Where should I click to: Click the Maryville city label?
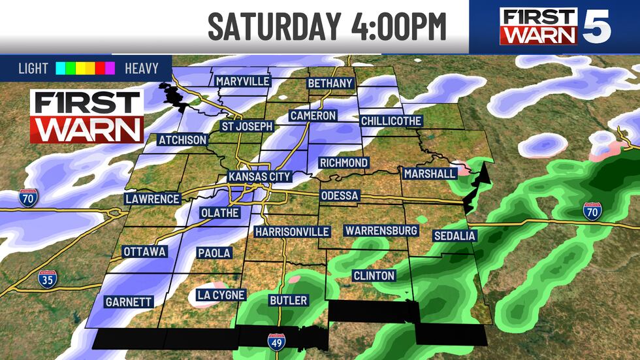(x=243, y=81)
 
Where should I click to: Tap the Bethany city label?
(x=330, y=84)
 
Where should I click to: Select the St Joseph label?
(x=246, y=126)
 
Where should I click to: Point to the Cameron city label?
(x=313, y=116)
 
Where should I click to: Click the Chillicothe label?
(x=391, y=121)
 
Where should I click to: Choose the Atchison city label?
(x=182, y=140)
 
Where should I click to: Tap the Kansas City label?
(x=259, y=177)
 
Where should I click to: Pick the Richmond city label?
(x=344, y=162)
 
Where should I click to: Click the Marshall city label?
(x=429, y=174)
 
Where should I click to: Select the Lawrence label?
(x=153, y=199)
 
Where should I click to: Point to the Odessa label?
(x=340, y=196)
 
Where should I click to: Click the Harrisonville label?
(x=292, y=232)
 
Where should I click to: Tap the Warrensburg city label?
(x=381, y=231)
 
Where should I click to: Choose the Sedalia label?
(x=455, y=235)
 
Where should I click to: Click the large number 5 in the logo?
(x=596, y=27)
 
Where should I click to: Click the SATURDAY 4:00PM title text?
(x=327, y=27)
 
